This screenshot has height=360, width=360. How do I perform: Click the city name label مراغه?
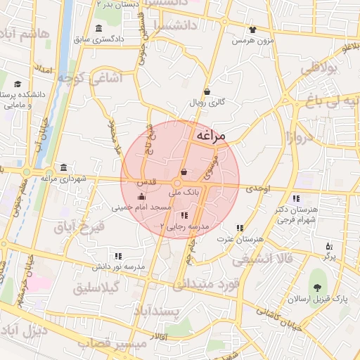[x=212, y=136]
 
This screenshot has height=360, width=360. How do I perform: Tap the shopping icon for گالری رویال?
[x=207, y=91]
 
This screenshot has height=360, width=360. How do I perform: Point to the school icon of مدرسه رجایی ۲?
[x=184, y=215]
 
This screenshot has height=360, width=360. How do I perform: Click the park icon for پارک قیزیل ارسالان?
[x=319, y=287]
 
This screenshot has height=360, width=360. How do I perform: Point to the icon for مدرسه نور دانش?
[x=118, y=256]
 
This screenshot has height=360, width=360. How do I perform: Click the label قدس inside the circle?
[x=146, y=182]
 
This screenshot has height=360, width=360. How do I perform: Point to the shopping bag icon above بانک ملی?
[x=184, y=172]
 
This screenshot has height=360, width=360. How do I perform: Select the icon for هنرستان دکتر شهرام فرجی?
[x=296, y=198]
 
